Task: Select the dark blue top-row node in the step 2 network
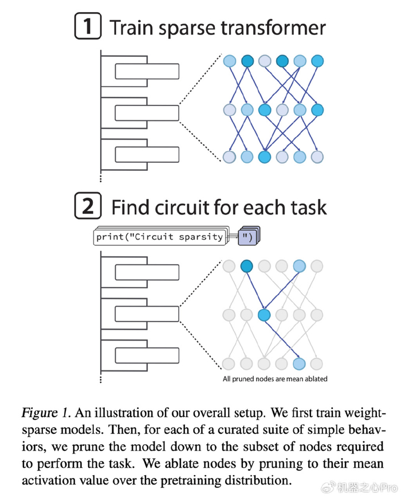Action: pyautogui.click(x=246, y=266)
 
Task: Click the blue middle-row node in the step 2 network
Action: pyautogui.click(x=264, y=315)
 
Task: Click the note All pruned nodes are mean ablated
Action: pyautogui.click(x=275, y=379)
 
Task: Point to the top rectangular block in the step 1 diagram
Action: pyautogui.click(x=147, y=71)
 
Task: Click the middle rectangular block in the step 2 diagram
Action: pyautogui.click(x=147, y=314)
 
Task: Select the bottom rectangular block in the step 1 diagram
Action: pyautogui.click(x=147, y=155)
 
